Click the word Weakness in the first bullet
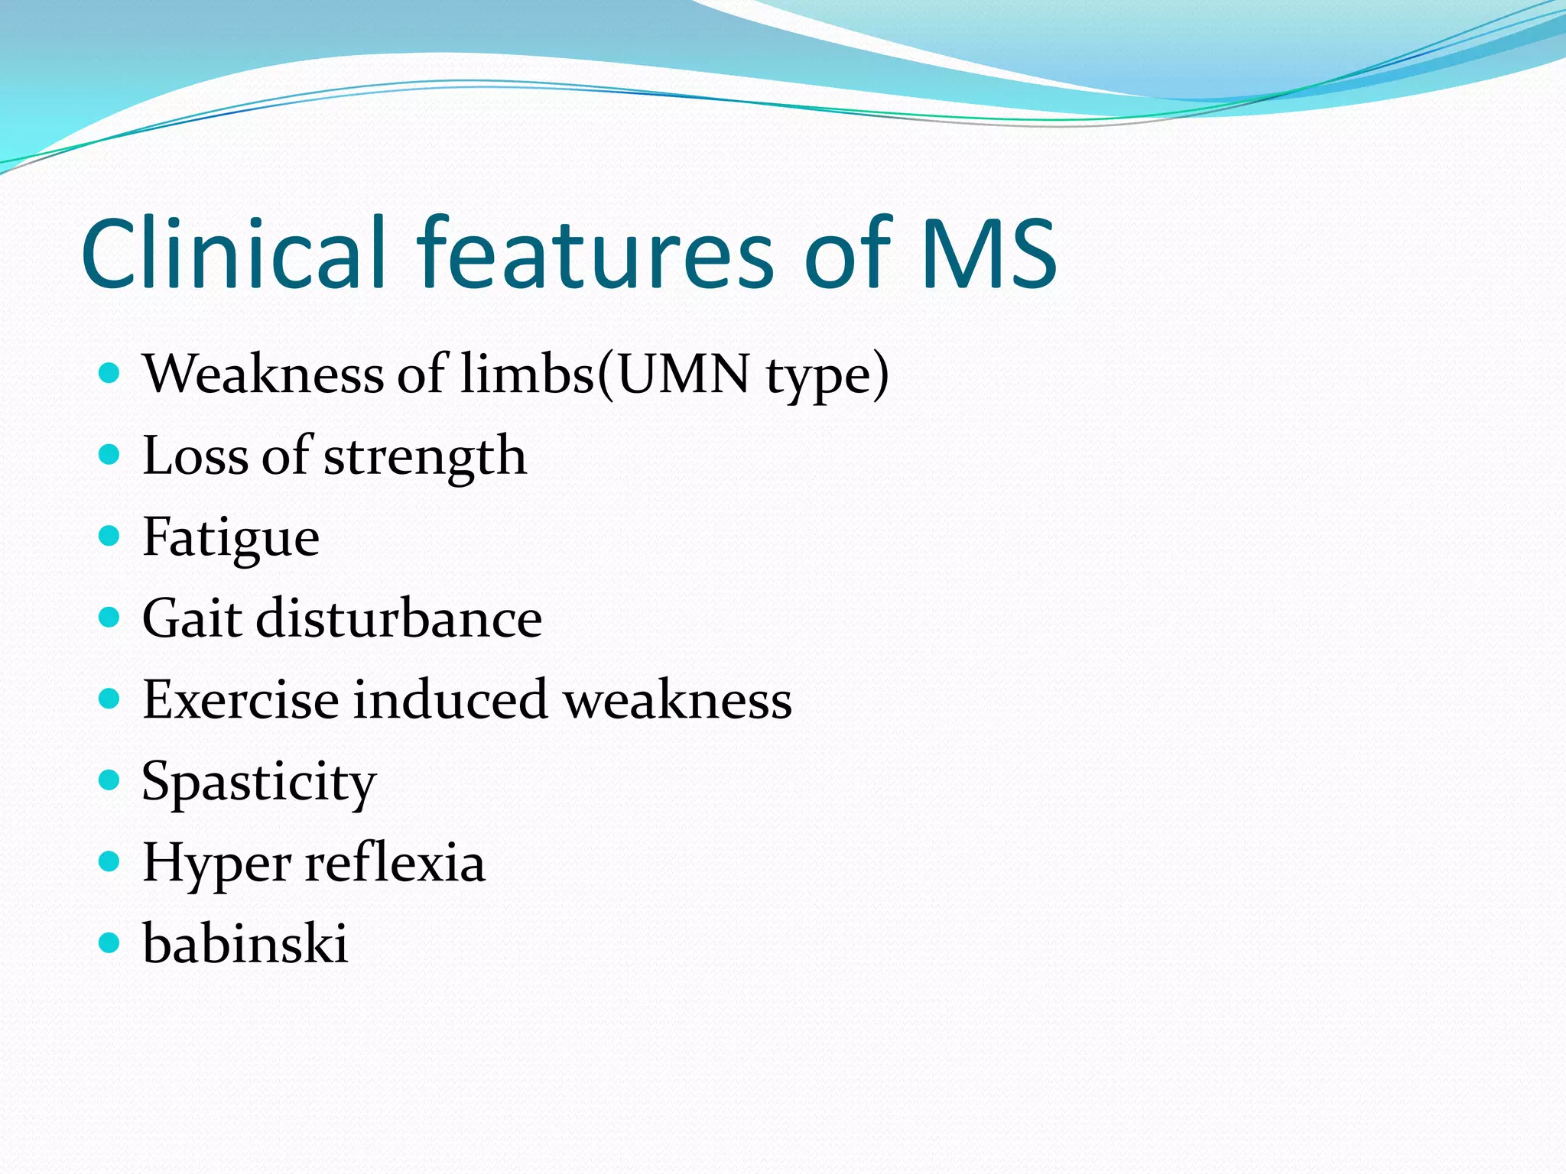[264, 375]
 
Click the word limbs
[528, 375]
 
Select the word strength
[425, 457]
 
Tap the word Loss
[196, 456]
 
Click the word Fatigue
[231, 538]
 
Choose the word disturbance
[399, 618]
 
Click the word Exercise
[241, 699]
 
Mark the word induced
[450, 699]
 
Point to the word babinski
[245, 944]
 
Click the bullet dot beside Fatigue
[110, 536]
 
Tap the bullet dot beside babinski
[110, 943]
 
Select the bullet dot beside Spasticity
[110, 780]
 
